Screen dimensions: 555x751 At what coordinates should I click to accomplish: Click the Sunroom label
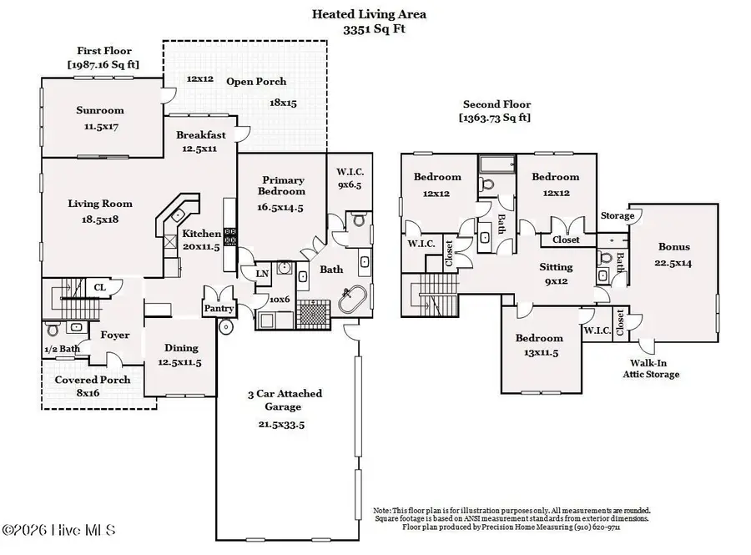99,110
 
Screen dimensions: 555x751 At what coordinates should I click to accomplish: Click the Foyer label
114,336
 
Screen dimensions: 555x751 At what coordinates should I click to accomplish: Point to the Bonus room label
674,247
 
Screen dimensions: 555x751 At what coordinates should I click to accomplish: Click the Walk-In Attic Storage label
653,369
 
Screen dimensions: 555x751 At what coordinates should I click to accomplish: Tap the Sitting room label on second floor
556,268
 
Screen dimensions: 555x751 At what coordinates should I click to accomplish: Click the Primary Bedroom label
283,185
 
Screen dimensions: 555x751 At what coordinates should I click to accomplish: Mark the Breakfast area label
201,135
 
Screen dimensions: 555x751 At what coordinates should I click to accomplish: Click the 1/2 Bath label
62,349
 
